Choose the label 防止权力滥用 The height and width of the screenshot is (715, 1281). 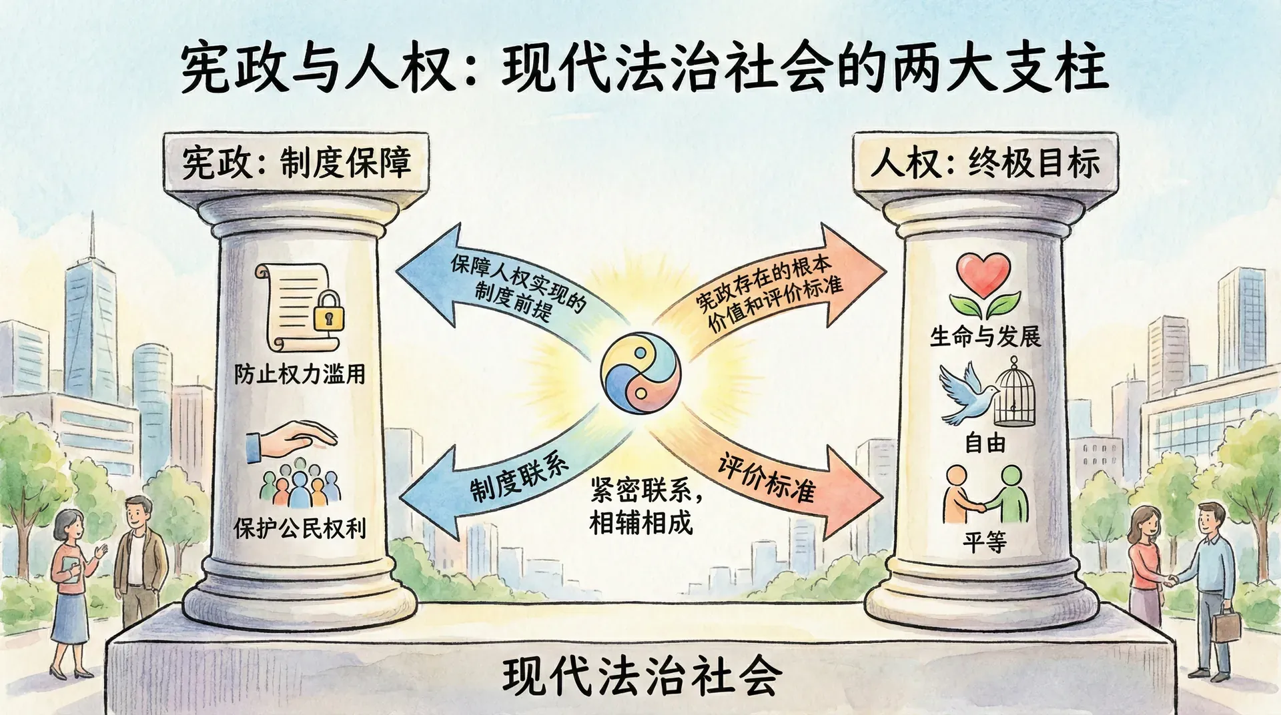click(300, 374)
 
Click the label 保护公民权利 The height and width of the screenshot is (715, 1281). click(300, 528)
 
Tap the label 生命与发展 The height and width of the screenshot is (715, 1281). click(985, 336)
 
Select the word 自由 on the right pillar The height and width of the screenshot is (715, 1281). click(985, 442)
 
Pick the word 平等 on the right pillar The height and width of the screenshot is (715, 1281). click(985, 542)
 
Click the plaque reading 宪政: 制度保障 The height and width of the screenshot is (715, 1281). click(296, 163)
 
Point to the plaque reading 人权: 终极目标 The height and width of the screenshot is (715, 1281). click(985, 163)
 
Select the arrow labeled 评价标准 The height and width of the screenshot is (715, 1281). click(774, 480)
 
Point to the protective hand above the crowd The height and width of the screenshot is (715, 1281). click(294, 440)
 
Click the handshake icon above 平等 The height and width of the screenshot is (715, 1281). click(985, 497)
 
